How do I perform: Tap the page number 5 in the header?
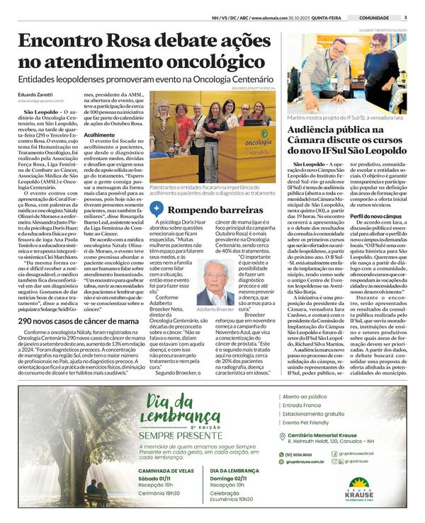[405, 18]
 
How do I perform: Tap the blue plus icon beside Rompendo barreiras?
[156, 209]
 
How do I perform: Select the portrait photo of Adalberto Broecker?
[215, 282]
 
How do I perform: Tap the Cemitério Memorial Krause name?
[336, 437]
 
